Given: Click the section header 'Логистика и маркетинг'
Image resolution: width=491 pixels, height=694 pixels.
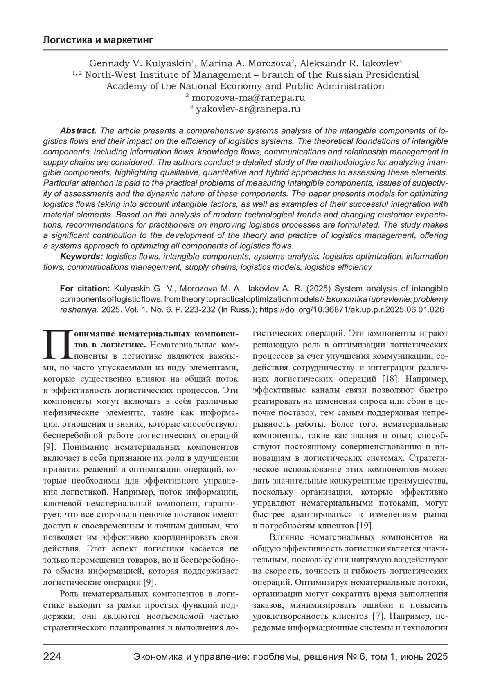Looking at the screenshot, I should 98,40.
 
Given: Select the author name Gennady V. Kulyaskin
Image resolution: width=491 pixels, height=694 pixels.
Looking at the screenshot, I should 140,63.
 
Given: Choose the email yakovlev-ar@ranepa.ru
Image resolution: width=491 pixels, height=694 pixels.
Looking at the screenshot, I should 248,109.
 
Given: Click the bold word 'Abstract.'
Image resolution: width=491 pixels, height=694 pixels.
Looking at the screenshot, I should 78,131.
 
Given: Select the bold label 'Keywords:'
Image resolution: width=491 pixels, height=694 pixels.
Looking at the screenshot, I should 81,257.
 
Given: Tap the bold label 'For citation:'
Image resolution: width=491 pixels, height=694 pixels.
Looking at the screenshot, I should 85,289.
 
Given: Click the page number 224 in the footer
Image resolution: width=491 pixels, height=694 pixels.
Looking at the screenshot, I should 52,657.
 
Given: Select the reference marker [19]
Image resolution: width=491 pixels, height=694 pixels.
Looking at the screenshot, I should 365,525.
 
